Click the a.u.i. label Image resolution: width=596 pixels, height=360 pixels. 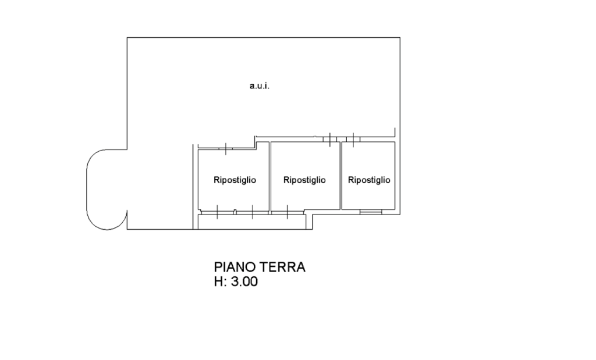point(259,86)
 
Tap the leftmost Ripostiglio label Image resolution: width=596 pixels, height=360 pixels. point(235,180)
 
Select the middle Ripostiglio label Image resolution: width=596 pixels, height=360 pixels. point(304,180)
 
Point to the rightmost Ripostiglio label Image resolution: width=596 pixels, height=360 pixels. point(369,180)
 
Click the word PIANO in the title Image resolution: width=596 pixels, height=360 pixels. point(234,267)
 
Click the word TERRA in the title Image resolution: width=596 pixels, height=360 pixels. point(282,267)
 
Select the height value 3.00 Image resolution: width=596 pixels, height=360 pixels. point(244,281)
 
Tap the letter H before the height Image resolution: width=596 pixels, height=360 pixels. point(218,281)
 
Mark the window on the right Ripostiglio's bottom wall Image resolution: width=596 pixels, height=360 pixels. point(371,212)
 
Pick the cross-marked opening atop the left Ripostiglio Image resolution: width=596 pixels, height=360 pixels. point(226,148)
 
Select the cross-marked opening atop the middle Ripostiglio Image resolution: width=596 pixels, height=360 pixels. point(330,140)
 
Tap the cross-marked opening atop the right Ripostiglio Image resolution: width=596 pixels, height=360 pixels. point(353,140)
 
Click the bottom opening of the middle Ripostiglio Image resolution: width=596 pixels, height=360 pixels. point(288,212)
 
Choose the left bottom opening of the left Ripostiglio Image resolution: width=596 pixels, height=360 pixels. point(217,212)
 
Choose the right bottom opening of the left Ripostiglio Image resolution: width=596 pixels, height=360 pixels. point(253,212)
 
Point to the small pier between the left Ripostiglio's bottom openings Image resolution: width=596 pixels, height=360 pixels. point(235,212)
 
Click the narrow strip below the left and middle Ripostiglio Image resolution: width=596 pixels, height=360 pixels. point(252,222)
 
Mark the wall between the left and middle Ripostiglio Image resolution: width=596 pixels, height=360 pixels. point(270,176)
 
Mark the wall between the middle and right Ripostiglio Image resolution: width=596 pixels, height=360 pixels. point(341,176)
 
